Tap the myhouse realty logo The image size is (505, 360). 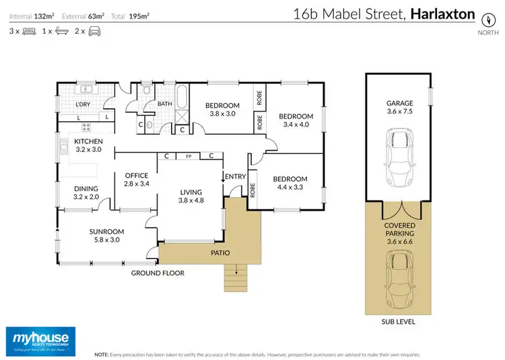coord(40,340)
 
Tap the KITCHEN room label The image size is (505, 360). coord(88,142)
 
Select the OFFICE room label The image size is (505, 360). coord(136,176)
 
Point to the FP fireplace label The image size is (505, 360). coord(189,156)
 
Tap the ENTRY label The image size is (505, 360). coord(236,176)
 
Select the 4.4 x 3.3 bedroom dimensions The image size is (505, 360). coord(290,188)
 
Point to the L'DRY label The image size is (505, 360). coord(83,104)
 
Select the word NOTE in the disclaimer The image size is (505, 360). coord(102,353)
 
